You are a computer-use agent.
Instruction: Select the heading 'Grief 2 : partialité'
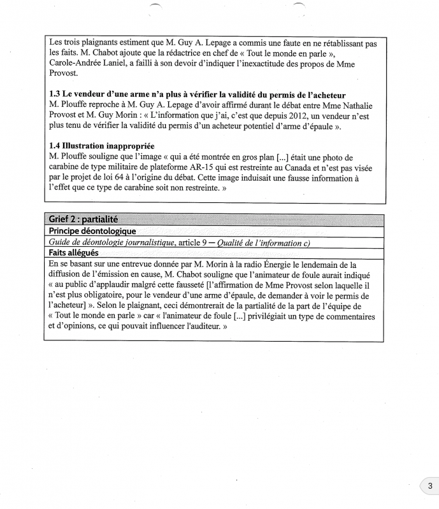83,220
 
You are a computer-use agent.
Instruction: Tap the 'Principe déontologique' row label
92,231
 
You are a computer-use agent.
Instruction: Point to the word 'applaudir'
124,285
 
